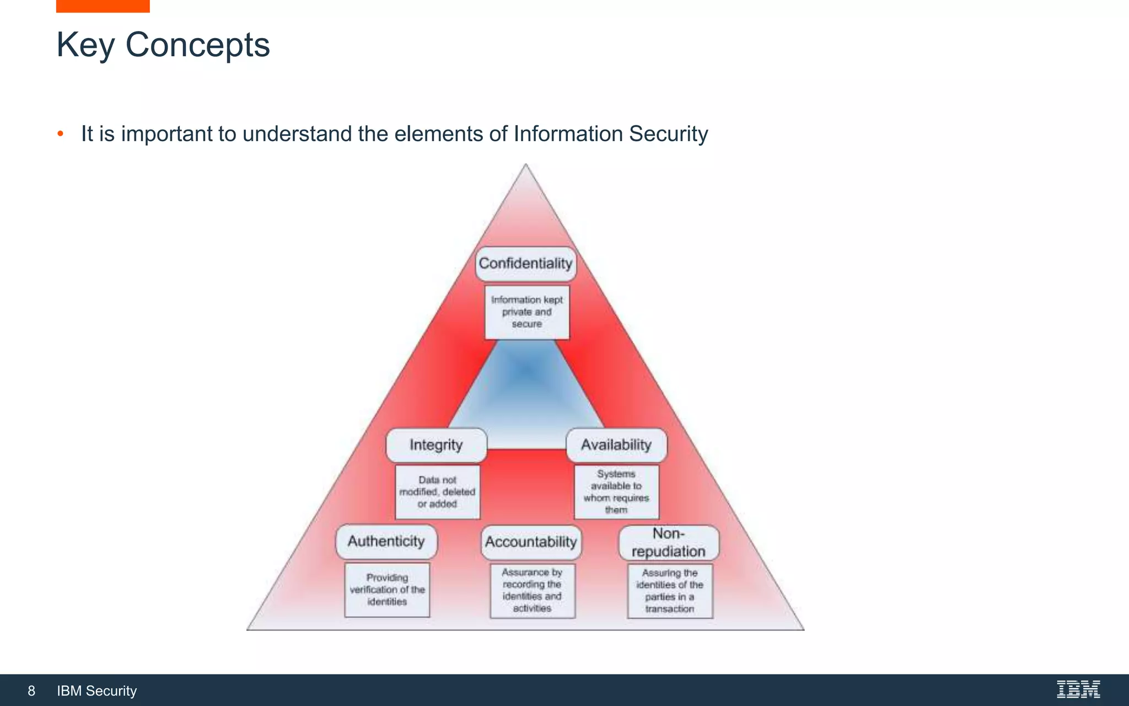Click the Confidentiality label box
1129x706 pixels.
coord(525,264)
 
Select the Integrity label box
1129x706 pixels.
coord(436,445)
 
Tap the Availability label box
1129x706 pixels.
coord(616,445)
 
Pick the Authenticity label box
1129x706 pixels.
coord(386,542)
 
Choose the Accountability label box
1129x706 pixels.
coord(531,542)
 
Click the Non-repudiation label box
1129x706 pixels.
coord(669,543)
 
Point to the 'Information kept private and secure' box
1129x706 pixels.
coord(527,312)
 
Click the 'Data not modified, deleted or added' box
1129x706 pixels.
coord(437,492)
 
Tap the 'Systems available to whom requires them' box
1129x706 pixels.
coord(616,492)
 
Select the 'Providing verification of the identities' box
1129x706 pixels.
coord(387,590)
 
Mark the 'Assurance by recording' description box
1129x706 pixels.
coord(532,591)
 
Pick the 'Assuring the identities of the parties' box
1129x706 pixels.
coord(670,591)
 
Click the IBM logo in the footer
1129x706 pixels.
coord(1078,689)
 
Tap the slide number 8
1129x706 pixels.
coord(31,691)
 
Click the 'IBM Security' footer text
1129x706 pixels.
coord(97,691)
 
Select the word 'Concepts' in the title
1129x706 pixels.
coord(197,45)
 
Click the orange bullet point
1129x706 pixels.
coord(61,133)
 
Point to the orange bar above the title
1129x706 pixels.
coord(103,6)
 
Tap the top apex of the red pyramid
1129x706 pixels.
coord(526,167)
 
